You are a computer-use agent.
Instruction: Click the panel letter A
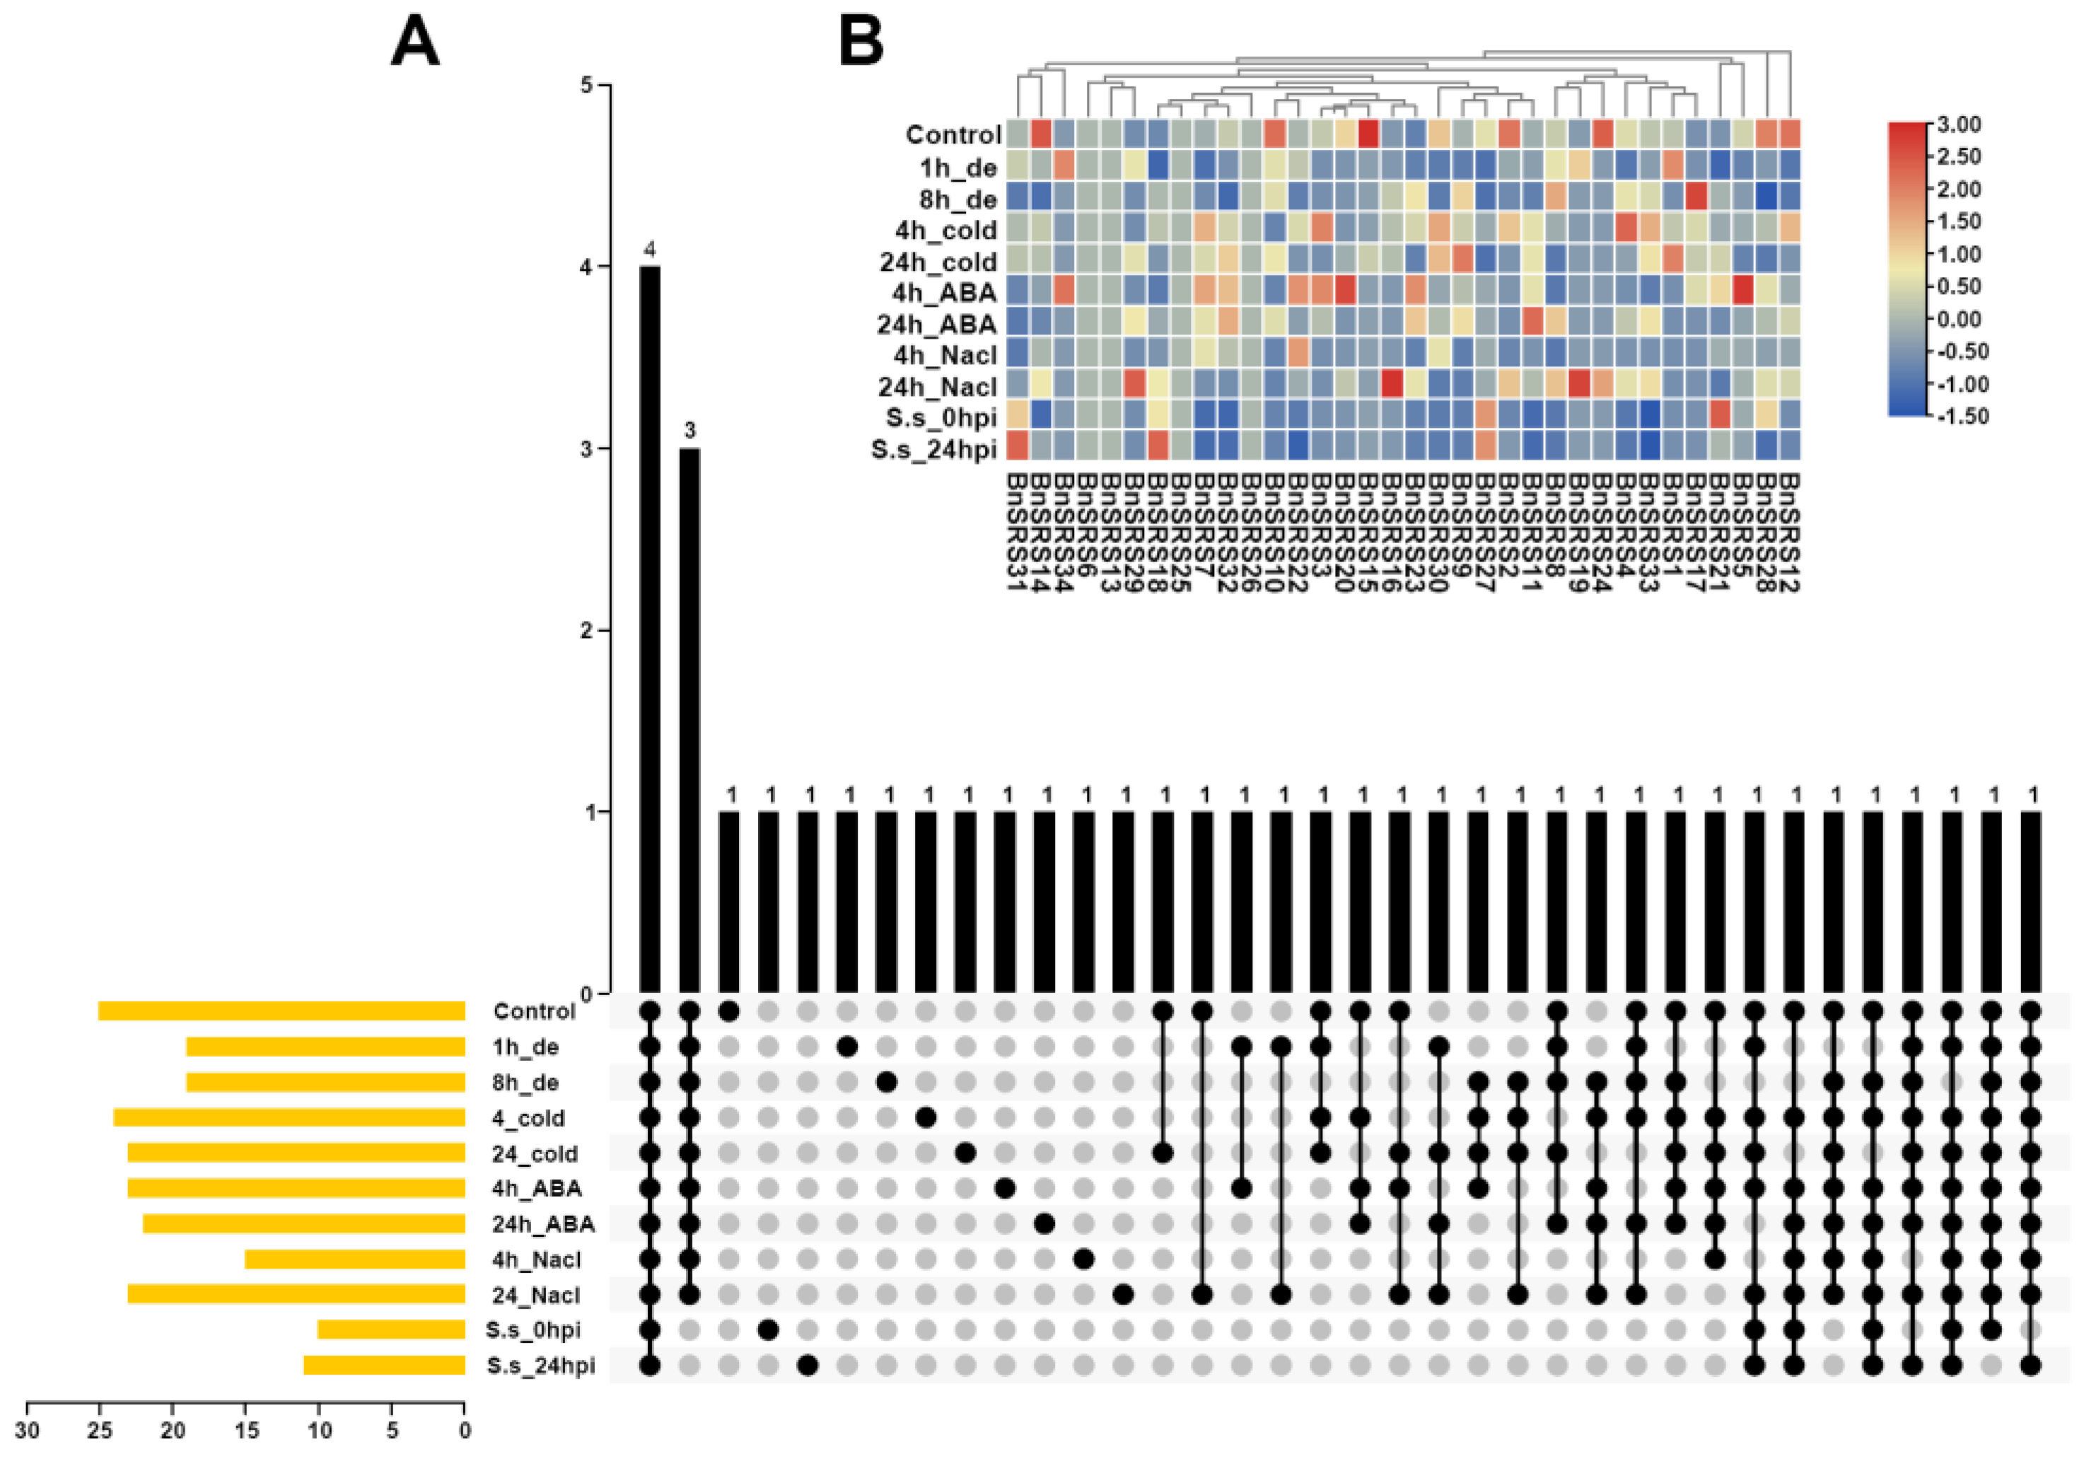click(x=415, y=42)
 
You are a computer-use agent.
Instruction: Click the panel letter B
click(x=860, y=42)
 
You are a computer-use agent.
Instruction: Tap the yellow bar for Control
click(x=281, y=1011)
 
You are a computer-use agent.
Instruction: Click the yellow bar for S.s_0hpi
click(x=391, y=1329)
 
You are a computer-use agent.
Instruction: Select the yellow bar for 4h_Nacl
click(x=355, y=1259)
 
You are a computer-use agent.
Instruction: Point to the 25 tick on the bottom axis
click(x=100, y=1431)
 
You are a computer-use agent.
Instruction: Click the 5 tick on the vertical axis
click(x=586, y=86)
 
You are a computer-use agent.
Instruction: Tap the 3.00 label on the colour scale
click(x=1958, y=124)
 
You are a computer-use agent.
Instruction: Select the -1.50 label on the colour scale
click(x=1962, y=417)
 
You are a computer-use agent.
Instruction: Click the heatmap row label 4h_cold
click(x=945, y=231)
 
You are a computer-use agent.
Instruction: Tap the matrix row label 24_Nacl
click(x=535, y=1295)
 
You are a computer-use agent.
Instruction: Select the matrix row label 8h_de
click(x=525, y=1083)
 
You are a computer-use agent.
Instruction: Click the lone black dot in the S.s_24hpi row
click(x=808, y=1365)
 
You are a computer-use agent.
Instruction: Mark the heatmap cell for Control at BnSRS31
click(x=1017, y=134)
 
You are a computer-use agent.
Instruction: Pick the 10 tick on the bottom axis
click(x=319, y=1431)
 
